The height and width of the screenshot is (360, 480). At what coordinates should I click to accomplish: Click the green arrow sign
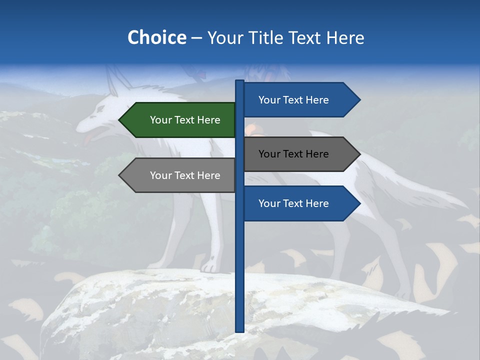coord(180,120)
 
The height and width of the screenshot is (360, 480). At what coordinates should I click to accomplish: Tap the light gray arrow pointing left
coord(180,175)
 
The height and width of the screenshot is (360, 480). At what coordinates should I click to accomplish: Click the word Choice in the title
coord(156,37)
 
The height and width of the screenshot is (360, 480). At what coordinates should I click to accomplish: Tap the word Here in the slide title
coord(345,38)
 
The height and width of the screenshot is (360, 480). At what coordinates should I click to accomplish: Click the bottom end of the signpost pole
coord(239,330)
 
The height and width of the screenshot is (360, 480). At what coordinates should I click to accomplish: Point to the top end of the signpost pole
coord(239,81)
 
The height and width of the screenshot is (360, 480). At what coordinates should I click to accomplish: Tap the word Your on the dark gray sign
coord(269,154)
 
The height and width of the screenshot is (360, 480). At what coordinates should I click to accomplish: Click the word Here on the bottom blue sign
coord(317,203)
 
